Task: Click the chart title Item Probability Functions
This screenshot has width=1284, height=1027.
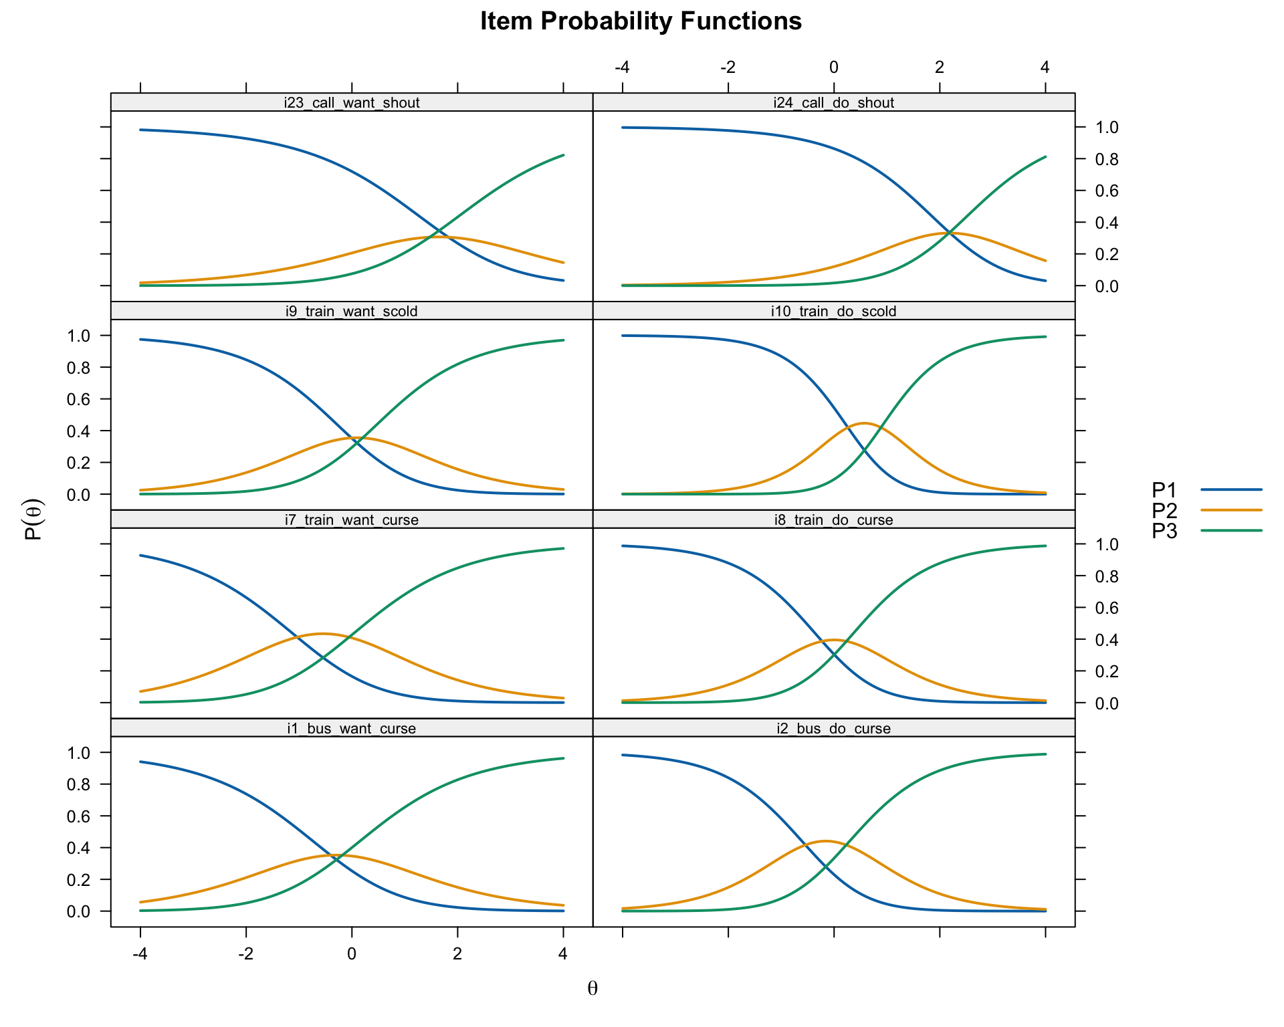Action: (641, 21)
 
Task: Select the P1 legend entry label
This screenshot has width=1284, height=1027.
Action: (1164, 490)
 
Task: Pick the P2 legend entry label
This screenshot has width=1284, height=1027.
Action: (1164, 511)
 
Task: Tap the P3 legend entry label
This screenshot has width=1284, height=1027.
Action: (1164, 531)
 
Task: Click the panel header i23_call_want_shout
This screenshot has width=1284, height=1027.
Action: (352, 102)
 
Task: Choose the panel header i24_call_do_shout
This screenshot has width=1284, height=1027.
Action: (833, 102)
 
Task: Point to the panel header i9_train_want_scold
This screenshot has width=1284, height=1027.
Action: (352, 311)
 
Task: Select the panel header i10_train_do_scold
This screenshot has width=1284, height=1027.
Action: (833, 311)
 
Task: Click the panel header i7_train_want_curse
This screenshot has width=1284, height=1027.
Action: (352, 520)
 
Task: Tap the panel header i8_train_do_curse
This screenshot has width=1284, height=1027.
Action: (833, 520)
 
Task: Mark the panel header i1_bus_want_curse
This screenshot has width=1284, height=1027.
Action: (352, 728)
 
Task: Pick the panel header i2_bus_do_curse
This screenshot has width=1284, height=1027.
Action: (833, 728)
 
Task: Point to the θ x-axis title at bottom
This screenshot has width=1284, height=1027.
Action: (593, 988)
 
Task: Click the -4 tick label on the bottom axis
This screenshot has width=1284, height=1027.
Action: (140, 953)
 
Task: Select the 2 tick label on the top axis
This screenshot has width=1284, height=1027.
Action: (939, 67)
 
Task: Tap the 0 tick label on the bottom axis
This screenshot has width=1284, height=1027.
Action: (352, 953)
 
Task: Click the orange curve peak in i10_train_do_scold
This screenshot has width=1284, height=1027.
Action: (864, 423)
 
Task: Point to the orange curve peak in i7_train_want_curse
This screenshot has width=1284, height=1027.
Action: (323, 633)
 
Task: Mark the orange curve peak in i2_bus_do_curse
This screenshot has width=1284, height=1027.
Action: (825, 841)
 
